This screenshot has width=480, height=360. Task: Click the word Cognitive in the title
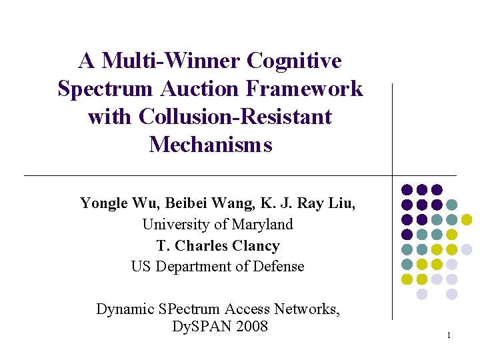(294, 61)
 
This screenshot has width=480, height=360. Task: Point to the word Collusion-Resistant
(235, 117)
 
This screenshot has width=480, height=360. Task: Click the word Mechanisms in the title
(211, 144)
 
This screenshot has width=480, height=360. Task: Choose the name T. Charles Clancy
(218, 245)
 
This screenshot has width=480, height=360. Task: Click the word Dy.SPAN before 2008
(196, 326)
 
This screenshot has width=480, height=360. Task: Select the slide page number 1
(449, 335)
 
